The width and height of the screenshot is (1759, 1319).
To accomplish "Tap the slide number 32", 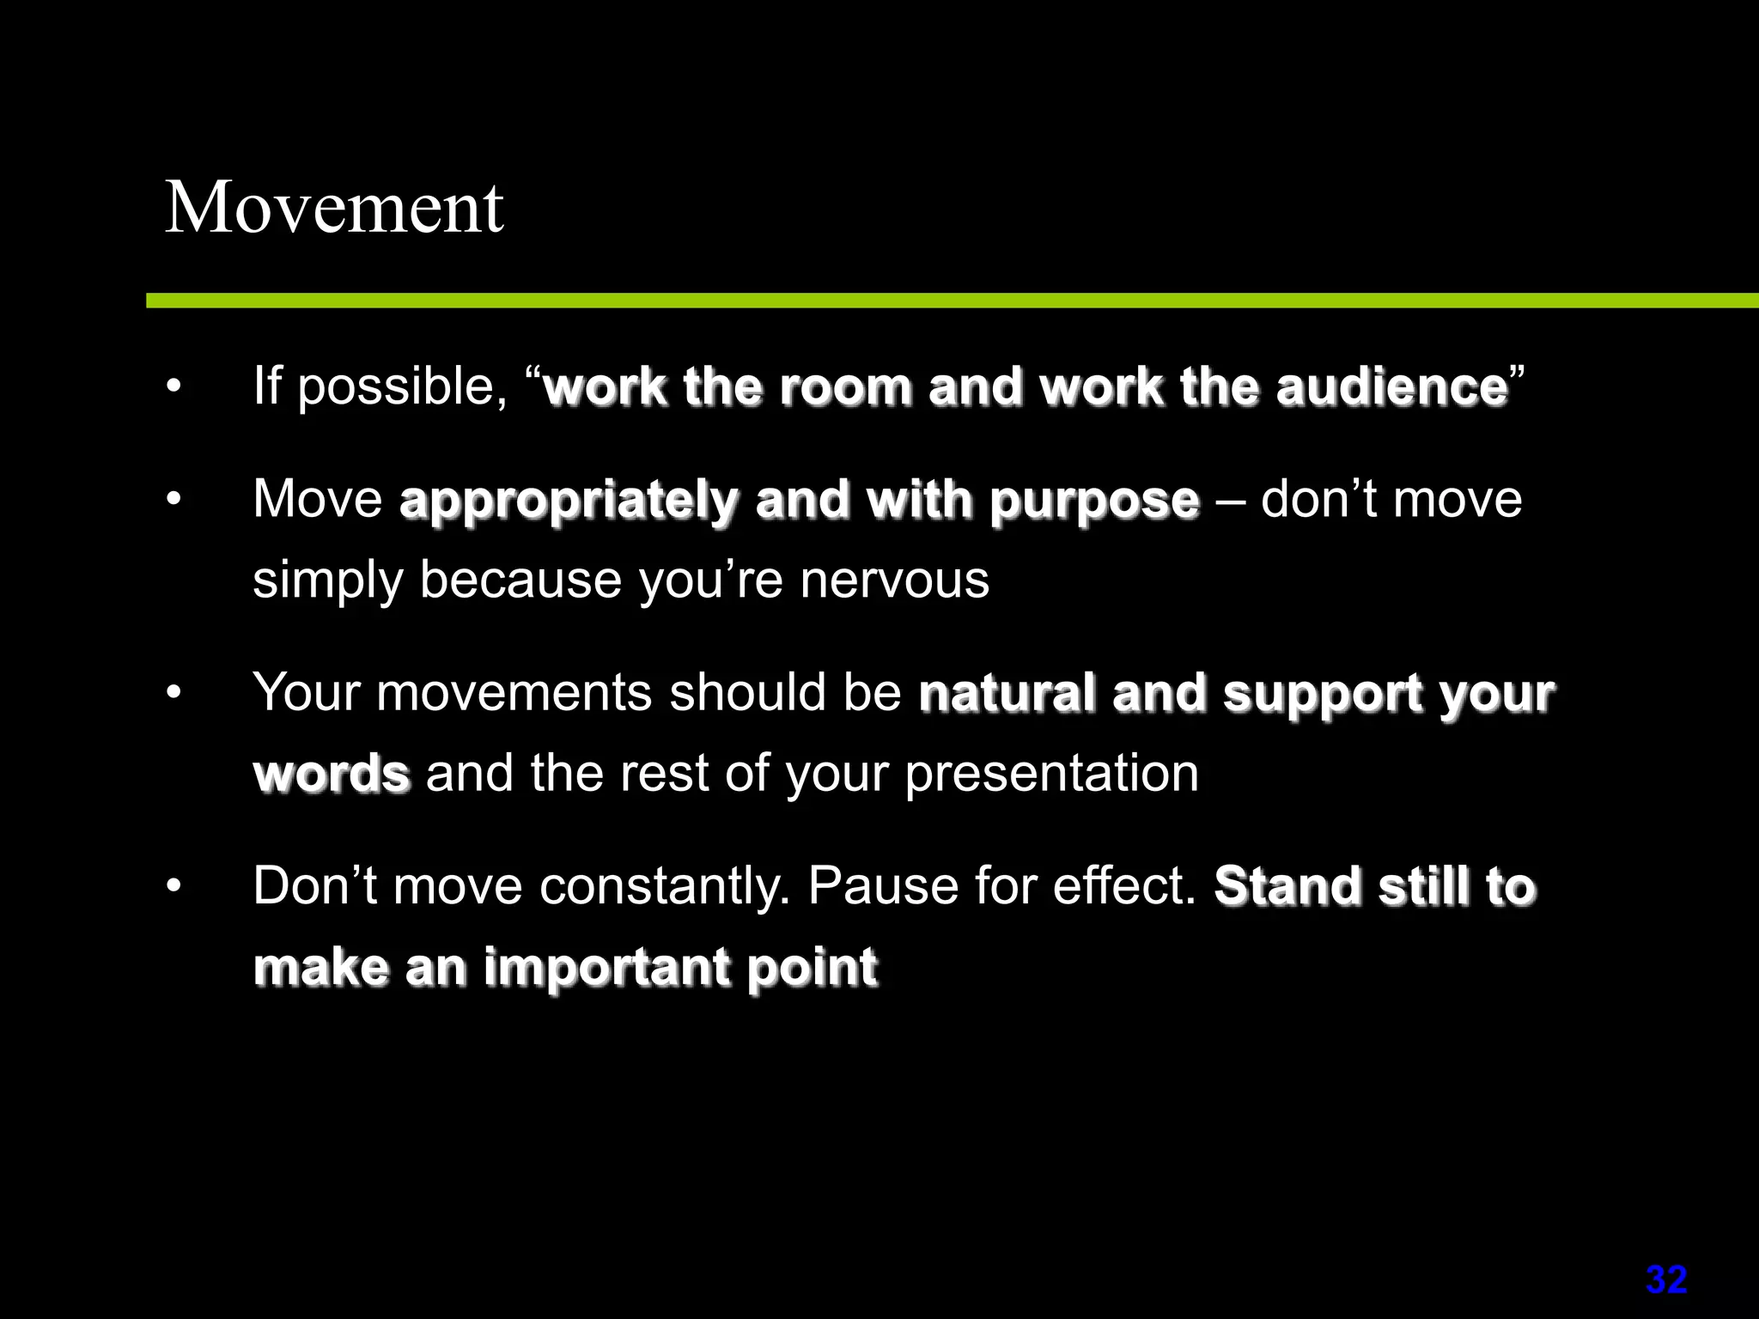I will click(1666, 1280).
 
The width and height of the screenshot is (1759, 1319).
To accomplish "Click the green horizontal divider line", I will click(945, 301).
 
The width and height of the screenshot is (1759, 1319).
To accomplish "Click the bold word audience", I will click(1391, 387).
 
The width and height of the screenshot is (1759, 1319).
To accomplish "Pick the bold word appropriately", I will click(568, 501).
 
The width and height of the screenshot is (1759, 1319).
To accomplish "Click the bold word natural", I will click(1007, 694).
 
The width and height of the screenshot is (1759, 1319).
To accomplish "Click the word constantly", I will click(664, 886).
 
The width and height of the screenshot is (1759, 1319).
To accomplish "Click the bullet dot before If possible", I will click(174, 387).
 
